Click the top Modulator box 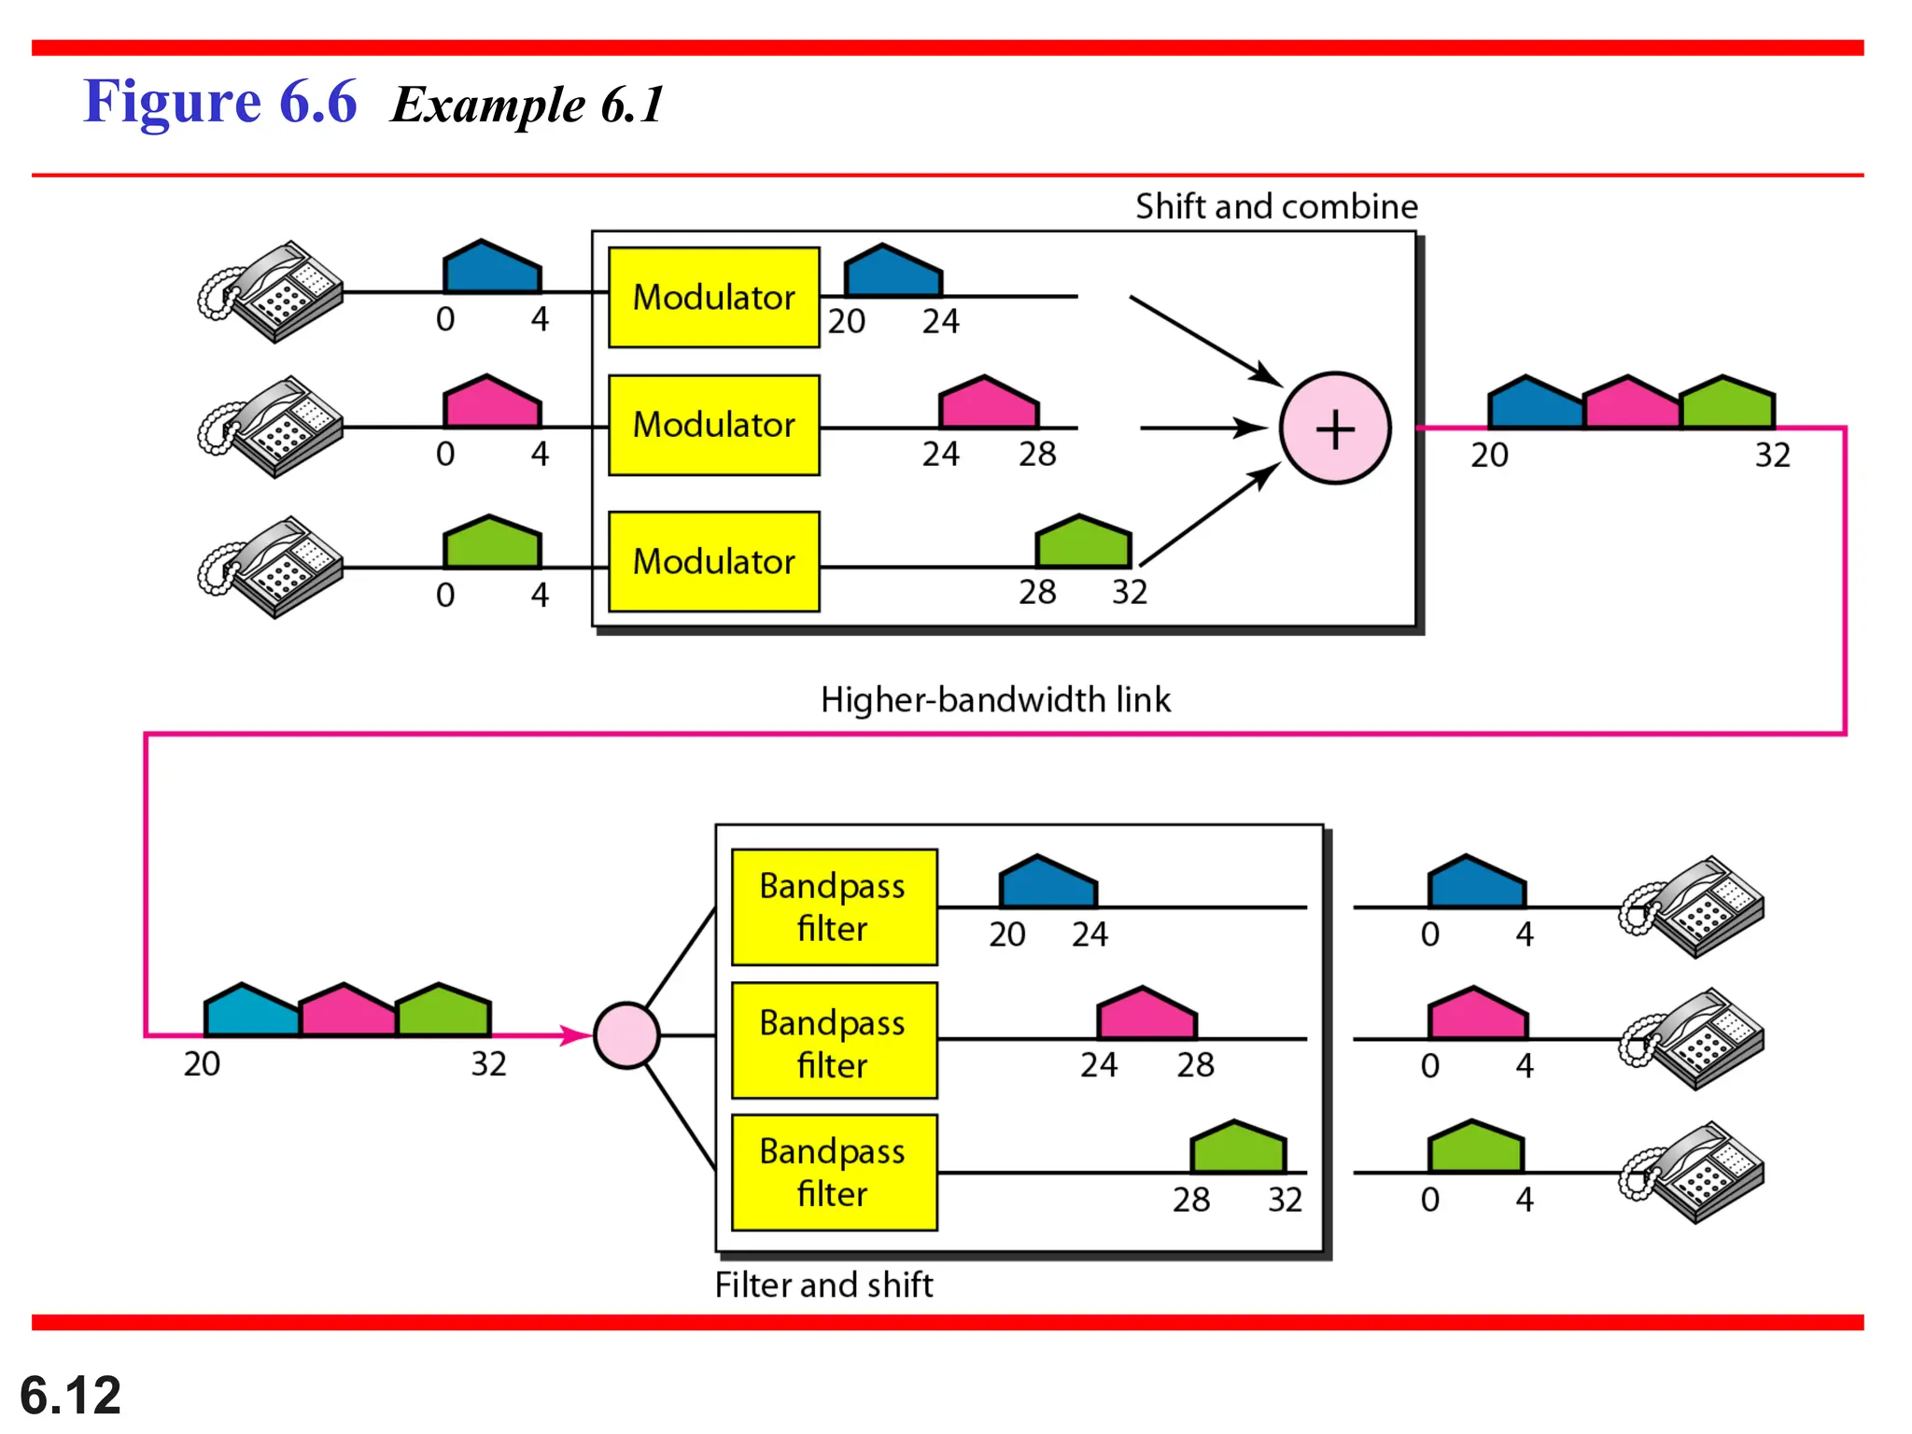(x=714, y=297)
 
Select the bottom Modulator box (x=714, y=561)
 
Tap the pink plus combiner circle (x=1335, y=429)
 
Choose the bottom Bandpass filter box (x=834, y=1173)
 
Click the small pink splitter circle (x=626, y=1035)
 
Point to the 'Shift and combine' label (x=1275, y=206)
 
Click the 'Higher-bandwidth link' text (x=994, y=699)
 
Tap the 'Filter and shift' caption (x=823, y=1285)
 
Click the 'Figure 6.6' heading (x=220, y=102)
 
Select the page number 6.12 (x=70, y=1395)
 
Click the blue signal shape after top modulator (x=893, y=273)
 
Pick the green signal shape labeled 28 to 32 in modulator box (x=1083, y=543)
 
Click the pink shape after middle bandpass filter (x=1146, y=1015)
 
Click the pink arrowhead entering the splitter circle (x=575, y=1035)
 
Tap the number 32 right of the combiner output (x=1772, y=456)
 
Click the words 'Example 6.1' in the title (x=527, y=104)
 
